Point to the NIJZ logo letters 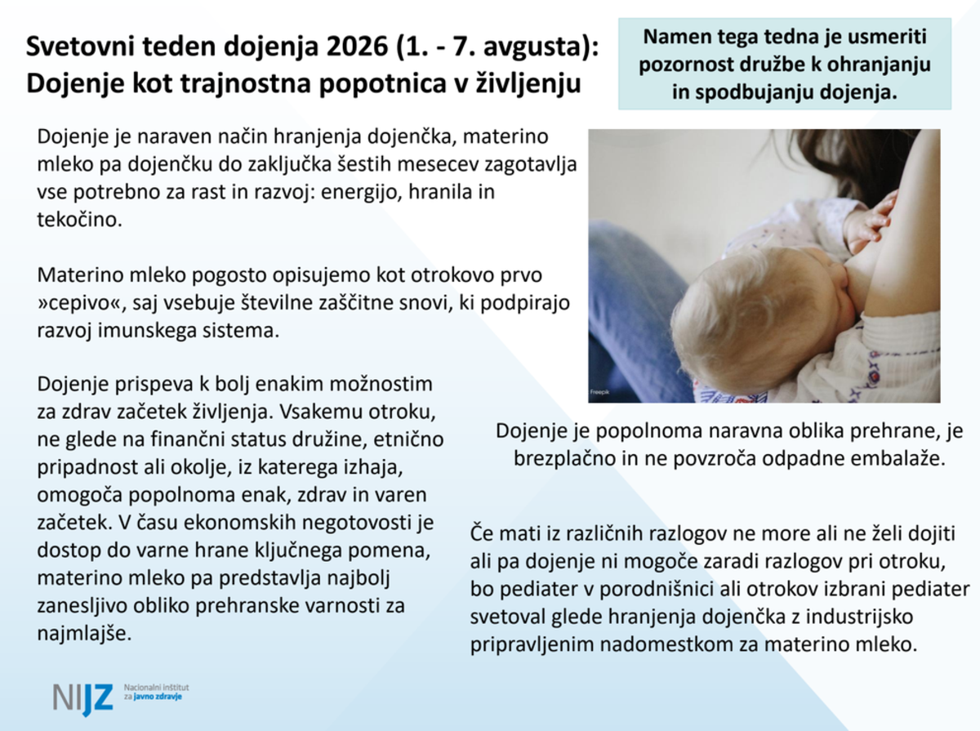[83, 698]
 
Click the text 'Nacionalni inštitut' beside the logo [156, 687]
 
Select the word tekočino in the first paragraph [79, 219]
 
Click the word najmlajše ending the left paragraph [84, 634]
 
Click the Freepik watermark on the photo [599, 392]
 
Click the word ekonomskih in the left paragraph [238, 523]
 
